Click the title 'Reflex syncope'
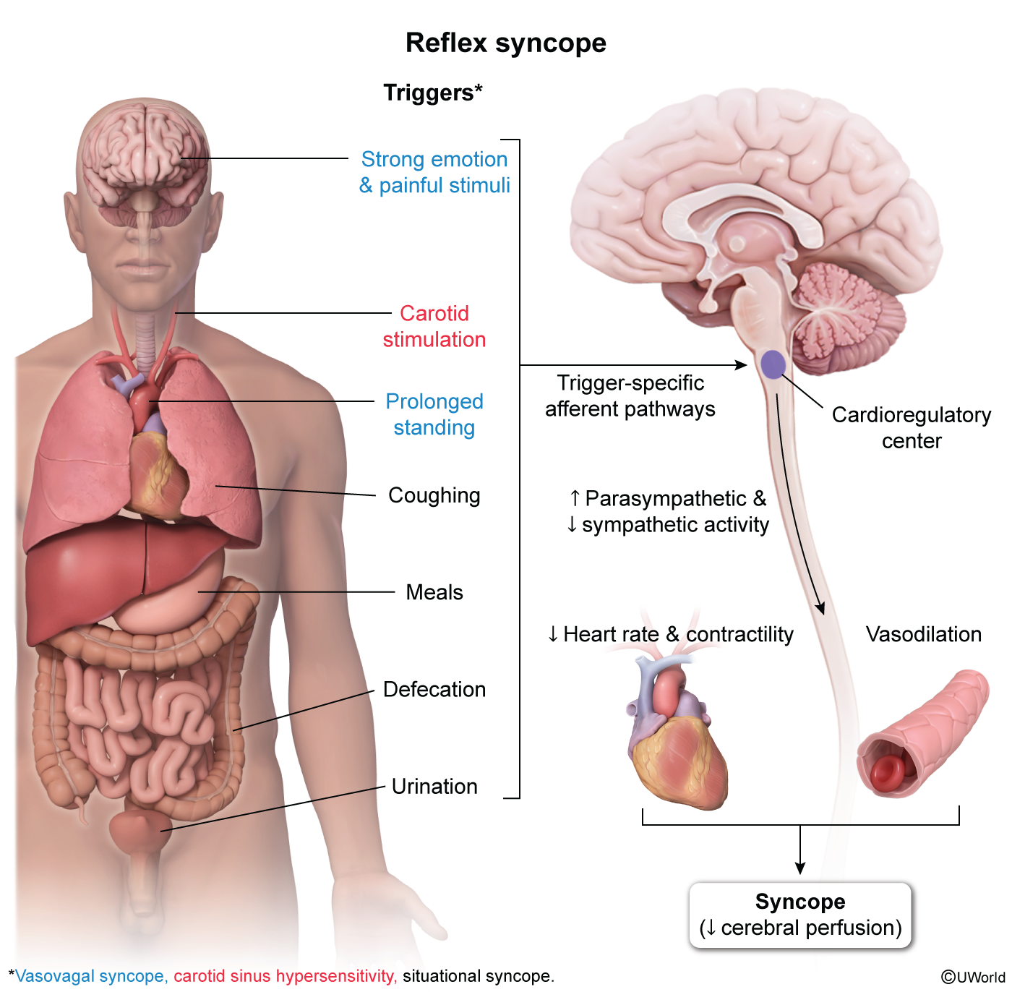click(x=505, y=43)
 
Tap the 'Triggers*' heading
click(x=432, y=93)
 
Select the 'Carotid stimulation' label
click(x=434, y=326)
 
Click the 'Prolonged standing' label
click(x=434, y=414)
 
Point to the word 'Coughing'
click(x=434, y=495)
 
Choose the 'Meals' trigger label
click(x=434, y=592)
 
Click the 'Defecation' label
click(x=434, y=689)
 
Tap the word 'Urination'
click(x=434, y=786)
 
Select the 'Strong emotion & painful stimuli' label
click(x=434, y=172)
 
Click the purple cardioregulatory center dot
click(x=773, y=364)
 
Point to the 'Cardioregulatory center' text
click(x=911, y=427)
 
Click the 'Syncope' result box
click(x=800, y=915)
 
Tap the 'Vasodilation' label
click(x=923, y=634)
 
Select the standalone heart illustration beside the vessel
click(x=676, y=737)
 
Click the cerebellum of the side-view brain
click(x=849, y=318)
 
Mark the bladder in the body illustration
click(x=140, y=829)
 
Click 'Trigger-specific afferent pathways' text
click(x=630, y=395)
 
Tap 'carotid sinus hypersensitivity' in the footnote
click(x=285, y=976)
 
